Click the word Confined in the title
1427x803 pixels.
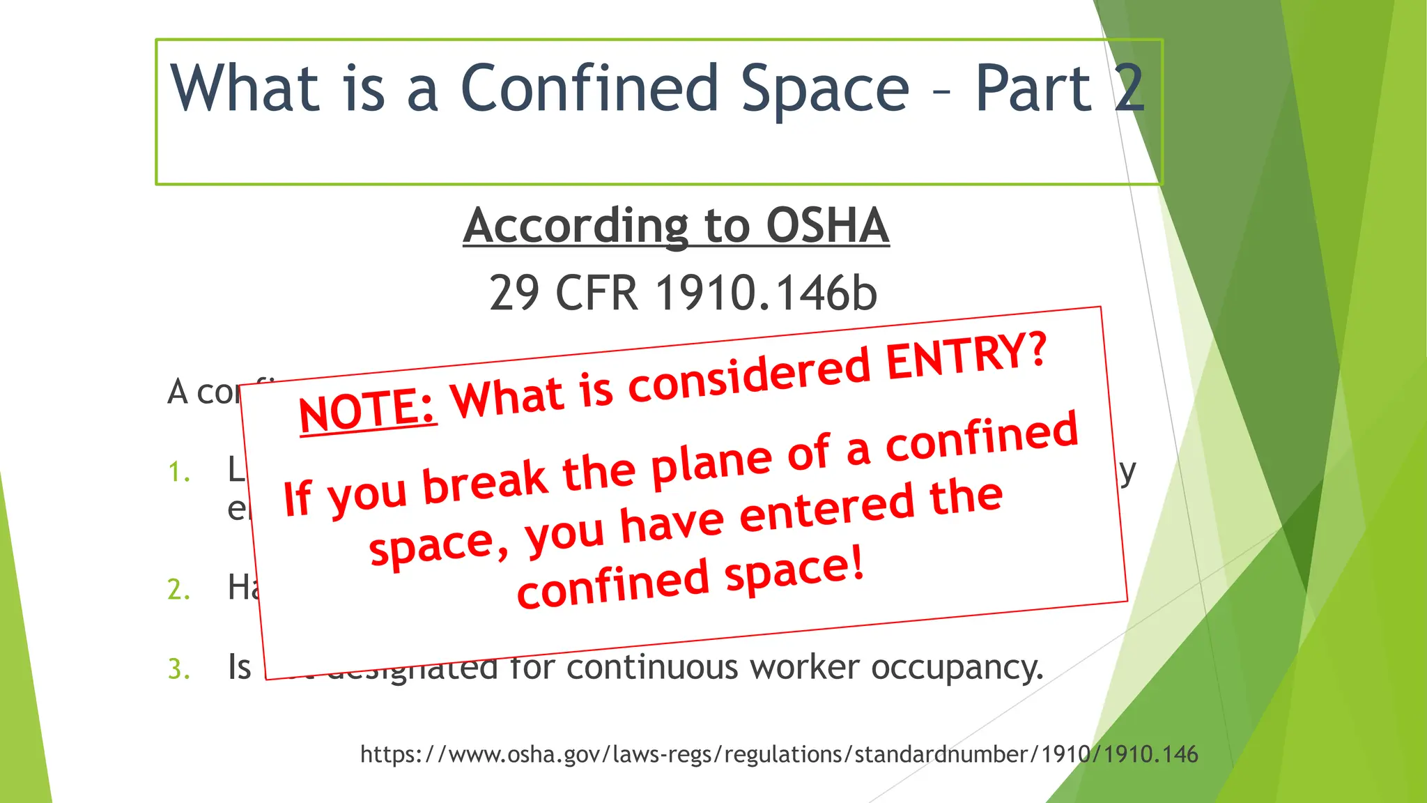(x=589, y=89)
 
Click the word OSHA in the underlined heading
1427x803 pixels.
(x=827, y=226)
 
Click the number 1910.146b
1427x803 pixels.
(x=766, y=293)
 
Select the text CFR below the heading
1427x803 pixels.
(x=596, y=293)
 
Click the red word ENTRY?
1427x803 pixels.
(x=966, y=357)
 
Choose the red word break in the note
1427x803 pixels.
(x=485, y=482)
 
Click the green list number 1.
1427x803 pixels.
(x=178, y=473)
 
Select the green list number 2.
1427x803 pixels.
(x=178, y=590)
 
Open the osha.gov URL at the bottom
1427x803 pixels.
(x=779, y=754)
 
